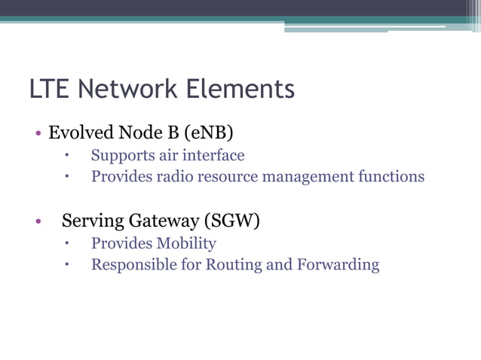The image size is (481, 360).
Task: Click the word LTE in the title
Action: pos(50,90)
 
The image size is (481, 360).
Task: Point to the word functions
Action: pos(392,177)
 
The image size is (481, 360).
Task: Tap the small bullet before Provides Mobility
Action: pos(67,244)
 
